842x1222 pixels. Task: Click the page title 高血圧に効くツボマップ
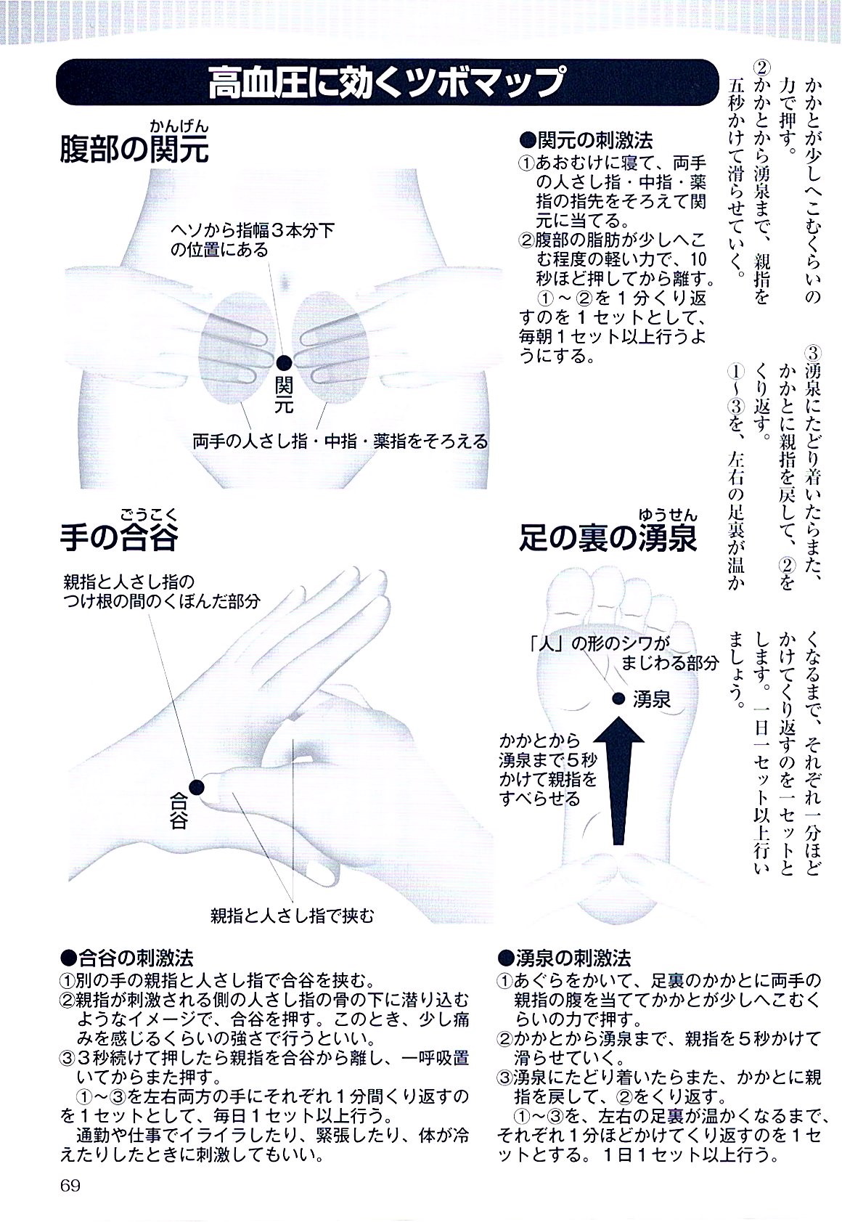coord(385,82)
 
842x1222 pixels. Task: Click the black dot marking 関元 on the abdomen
coord(285,361)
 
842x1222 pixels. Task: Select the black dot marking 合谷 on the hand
coord(196,785)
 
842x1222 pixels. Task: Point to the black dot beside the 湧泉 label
coord(618,698)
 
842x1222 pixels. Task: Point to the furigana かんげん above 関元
coord(179,126)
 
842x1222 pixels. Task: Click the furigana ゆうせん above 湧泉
coord(667,515)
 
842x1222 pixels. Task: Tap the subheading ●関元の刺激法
coord(586,139)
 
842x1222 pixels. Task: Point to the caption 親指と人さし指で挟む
coord(293,915)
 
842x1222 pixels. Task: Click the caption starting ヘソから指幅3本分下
coord(252,240)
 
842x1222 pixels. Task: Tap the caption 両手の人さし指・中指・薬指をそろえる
coord(340,441)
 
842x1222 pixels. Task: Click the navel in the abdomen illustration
coord(285,280)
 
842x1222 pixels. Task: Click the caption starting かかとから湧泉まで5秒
coord(548,770)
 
